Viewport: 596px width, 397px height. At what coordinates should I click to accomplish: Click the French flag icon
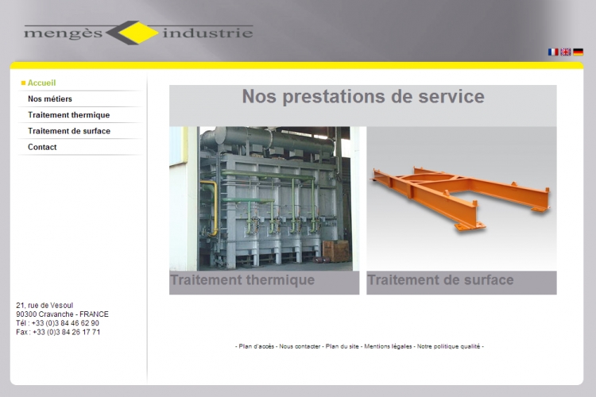(x=552, y=52)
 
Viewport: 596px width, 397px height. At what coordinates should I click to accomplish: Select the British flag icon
(x=566, y=52)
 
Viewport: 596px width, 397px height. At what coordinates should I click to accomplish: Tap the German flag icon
(x=579, y=52)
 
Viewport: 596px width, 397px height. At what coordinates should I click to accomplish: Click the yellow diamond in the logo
(x=137, y=33)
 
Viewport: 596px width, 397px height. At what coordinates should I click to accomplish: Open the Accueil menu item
(x=42, y=83)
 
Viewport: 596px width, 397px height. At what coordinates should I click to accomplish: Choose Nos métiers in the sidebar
(x=50, y=98)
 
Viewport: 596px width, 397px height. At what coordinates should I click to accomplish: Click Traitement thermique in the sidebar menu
(x=69, y=114)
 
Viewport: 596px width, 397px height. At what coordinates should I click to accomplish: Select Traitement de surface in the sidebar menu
(x=69, y=131)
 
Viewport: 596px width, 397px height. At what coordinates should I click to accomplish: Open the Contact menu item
(x=42, y=147)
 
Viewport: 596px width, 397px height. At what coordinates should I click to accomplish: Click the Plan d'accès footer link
(x=257, y=346)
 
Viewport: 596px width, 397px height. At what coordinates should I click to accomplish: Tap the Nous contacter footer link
(x=300, y=346)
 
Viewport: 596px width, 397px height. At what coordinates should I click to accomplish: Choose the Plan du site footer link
(x=342, y=346)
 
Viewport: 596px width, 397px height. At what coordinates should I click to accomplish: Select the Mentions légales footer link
(x=388, y=346)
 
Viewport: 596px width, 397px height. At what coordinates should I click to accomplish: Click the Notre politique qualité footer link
(x=448, y=346)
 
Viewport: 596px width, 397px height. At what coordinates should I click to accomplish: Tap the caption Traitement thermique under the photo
(x=242, y=280)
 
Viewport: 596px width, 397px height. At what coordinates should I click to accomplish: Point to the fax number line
(x=58, y=332)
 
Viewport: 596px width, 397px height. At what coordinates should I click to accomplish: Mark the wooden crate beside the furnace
(x=336, y=251)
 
